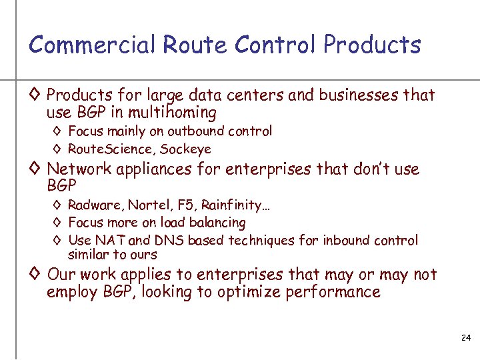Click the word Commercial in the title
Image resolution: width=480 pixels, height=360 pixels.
[x=91, y=45]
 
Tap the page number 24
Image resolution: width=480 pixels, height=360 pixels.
[x=466, y=339]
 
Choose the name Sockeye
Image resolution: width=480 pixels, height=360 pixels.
[x=185, y=149]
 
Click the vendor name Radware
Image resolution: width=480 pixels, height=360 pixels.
[x=93, y=205]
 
